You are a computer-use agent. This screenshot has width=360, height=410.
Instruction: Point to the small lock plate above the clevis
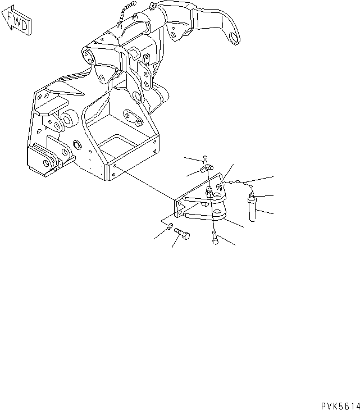(x=206, y=169)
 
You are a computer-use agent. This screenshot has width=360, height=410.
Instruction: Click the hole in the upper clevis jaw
(x=217, y=194)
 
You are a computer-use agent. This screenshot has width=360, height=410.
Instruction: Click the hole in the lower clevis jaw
(x=217, y=212)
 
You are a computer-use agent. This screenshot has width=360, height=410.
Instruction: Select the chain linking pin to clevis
(x=236, y=183)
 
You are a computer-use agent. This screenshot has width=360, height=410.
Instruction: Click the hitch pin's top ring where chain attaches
(x=252, y=195)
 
